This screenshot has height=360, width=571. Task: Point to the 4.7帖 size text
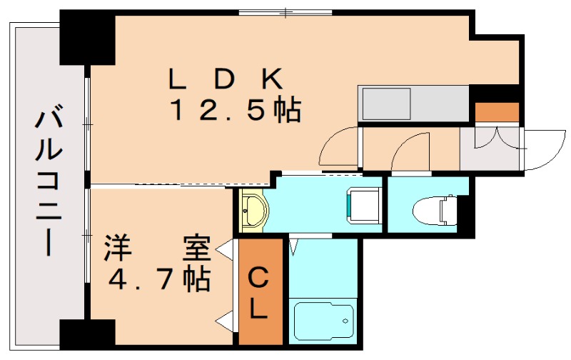pyautogui.click(x=159, y=279)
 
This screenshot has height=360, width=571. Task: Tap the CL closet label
pyautogui.click(x=259, y=294)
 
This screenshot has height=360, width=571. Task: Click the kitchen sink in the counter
pyautogui.click(x=386, y=104)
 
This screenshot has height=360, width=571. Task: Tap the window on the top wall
pyautogui.click(x=285, y=13)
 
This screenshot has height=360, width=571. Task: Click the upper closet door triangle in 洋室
pyautogui.click(x=227, y=250)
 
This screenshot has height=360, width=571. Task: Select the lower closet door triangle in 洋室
pyautogui.click(x=227, y=321)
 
